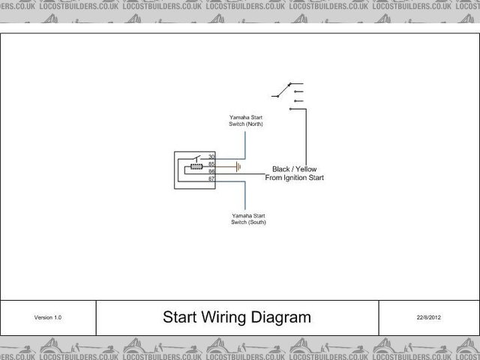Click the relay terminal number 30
click(x=211, y=156)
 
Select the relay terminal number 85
click(x=211, y=163)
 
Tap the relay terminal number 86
click(x=211, y=171)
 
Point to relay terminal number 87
click(x=211, y=178)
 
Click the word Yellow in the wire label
click(x=309, y=169)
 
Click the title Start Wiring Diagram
click(x=236, y=317)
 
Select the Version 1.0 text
click(x=48, y=318)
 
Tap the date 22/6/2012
click(x=429, y=318)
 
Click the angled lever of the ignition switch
click(x=283, y=90)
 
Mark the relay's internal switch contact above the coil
click(x=196, y=158)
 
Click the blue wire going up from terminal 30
click(x=243, y=142)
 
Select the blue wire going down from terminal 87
click(x=244, y=195)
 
